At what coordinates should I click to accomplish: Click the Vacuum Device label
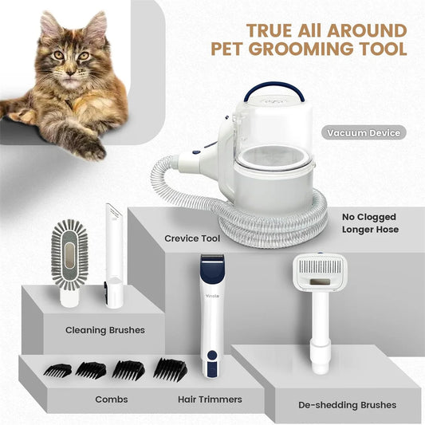[362, 133]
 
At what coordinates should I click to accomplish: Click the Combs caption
[112, 399]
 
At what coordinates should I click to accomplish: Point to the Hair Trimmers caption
[211, 399]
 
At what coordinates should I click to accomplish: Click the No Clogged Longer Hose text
[368, 224]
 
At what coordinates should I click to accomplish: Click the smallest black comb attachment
[57, 370]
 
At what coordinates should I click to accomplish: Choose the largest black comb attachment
[169, 368]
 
